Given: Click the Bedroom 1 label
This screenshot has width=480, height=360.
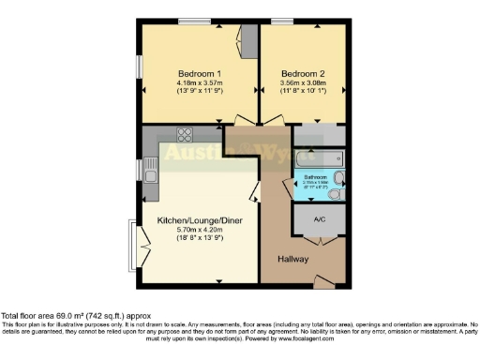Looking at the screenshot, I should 199,73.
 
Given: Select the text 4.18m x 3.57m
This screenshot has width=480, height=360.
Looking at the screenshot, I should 199,83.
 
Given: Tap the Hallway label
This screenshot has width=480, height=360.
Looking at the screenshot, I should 293,259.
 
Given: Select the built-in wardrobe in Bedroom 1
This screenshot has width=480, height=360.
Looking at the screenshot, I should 248,41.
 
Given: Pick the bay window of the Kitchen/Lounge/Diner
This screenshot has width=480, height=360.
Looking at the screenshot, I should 137,242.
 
